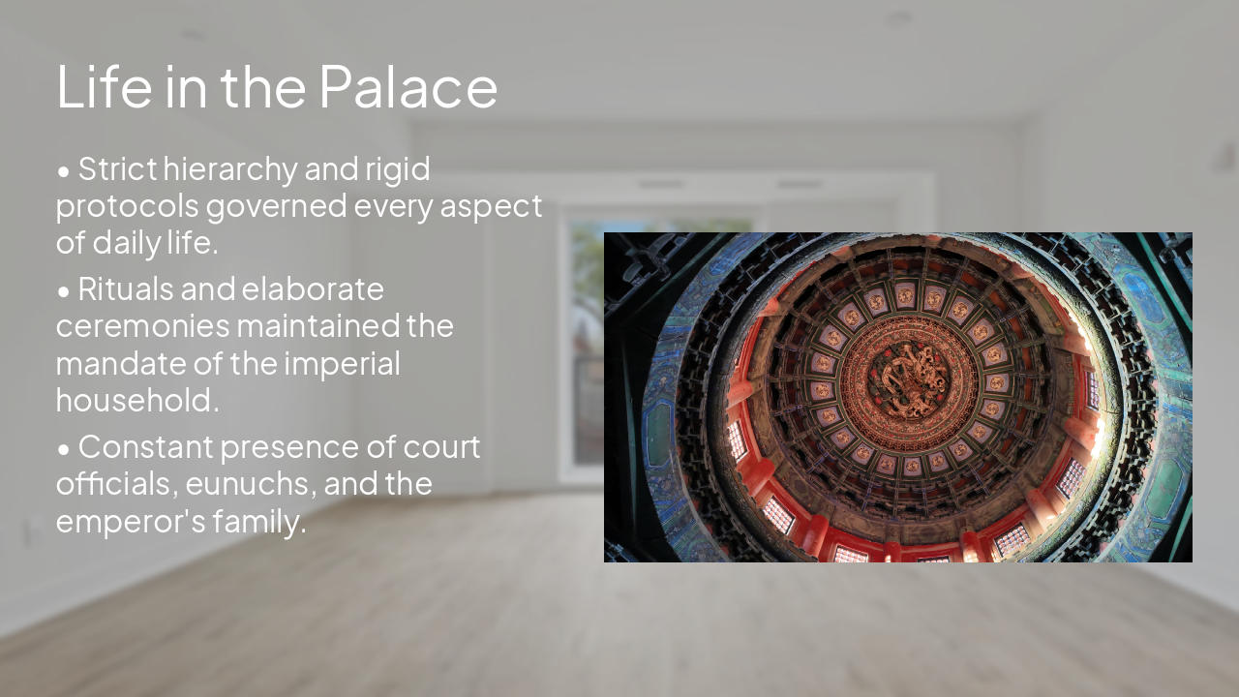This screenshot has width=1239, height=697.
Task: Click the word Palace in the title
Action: [x=408, y=87]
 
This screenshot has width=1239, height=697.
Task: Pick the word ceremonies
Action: [x=142, y=326]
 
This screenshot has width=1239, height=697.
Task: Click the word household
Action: [x=137, y=400]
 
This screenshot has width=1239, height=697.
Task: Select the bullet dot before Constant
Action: [x=64, y=449]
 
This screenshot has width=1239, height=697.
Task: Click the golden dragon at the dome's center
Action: [x=908, y=381]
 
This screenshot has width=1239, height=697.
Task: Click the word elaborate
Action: [x=313, y=289]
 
